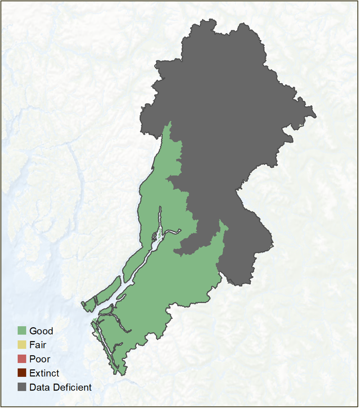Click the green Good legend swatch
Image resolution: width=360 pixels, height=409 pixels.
click(x=22, y=331)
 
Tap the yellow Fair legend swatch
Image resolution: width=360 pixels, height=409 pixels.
click(x=22, y=345)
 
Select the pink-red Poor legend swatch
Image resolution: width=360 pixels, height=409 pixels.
click(x=22, y=359)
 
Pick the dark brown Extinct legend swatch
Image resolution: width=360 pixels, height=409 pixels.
click(x=22, y=373)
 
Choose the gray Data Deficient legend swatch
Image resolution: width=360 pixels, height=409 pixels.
click(x=22, y=387)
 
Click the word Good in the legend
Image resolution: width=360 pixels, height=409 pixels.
click(x=41, y=331)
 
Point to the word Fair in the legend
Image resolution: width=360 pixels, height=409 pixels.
click(x=38, y=345)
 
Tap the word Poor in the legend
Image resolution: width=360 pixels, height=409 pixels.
click(x=40, y=359)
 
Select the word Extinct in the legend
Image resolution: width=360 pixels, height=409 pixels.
click(x=44, y=373)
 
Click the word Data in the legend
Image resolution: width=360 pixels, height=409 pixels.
click(x=39, y=387)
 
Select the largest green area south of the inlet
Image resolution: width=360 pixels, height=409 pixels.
click(x=175, y=285)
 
